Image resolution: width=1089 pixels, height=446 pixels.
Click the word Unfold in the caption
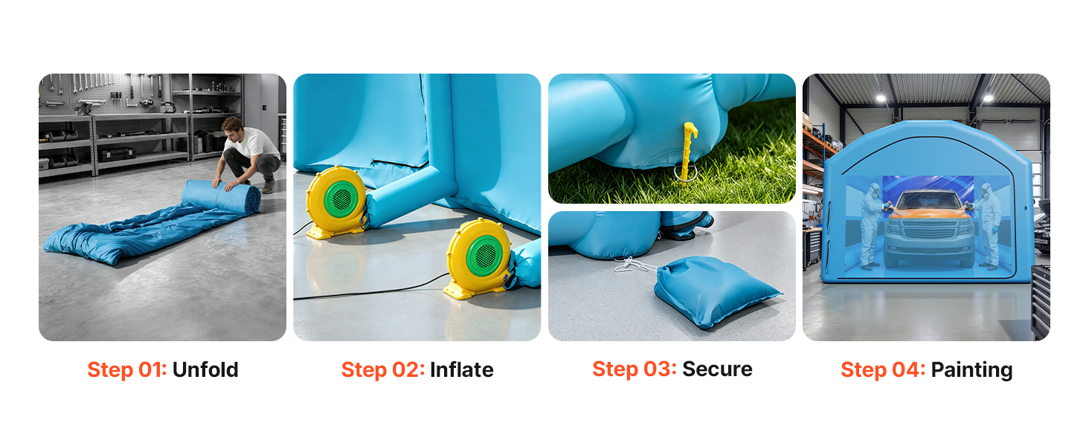tap(205, 369)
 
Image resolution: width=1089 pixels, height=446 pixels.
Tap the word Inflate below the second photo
tap(462, 369)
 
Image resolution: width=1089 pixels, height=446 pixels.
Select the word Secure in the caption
tap(717, 369)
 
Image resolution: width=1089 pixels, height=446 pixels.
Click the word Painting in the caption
tap(971, 370)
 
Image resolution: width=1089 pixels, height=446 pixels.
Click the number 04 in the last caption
tap(908, 369)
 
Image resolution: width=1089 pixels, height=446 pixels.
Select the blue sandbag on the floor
tap(715, 290)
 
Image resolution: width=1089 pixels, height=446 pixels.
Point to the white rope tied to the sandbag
tap(635, 265)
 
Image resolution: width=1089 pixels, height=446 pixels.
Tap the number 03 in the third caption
tap(660, 369)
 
